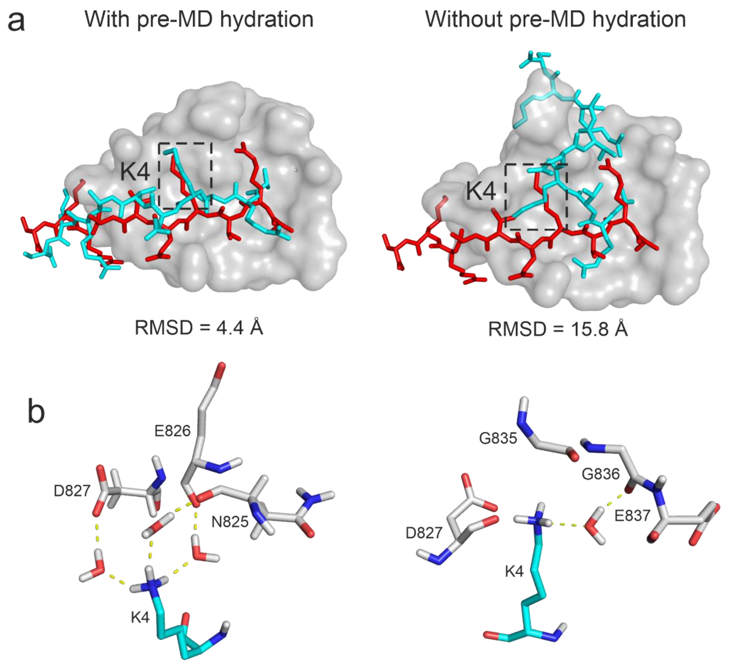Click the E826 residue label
[172, 431]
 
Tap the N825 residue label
[230, 522]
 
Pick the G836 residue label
[601, 474]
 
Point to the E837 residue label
[632, 516]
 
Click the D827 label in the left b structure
[72, 491]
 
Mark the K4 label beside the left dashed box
[135, 172]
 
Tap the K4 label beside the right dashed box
[481, 191]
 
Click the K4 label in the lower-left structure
[140, 617]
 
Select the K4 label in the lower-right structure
[514, 572]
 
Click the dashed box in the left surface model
[185, 176]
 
